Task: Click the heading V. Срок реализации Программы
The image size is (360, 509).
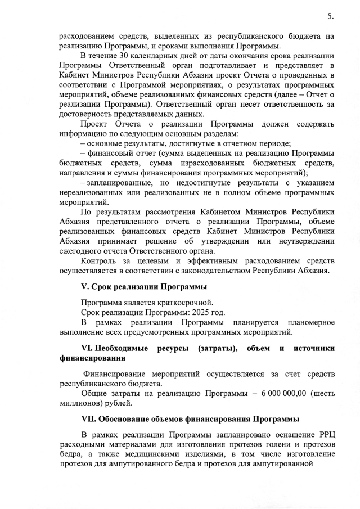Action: pos(143,287)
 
